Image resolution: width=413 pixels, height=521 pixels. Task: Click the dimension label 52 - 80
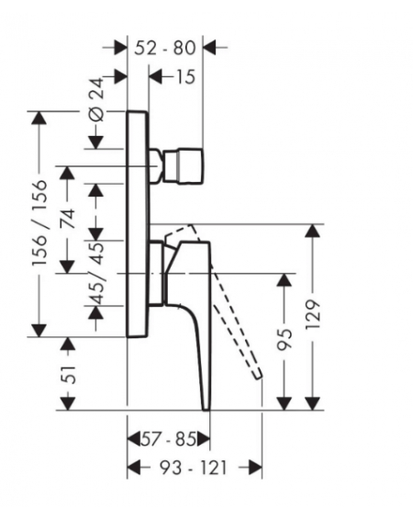coord(165,48)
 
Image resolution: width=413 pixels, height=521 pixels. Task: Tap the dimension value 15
coord(184,77)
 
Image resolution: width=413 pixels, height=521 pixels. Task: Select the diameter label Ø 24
coord(97,99)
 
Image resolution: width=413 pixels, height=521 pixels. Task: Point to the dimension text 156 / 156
coord(39,222)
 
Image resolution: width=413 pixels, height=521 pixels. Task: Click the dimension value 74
coord(68,219)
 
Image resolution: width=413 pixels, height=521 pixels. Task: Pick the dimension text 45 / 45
coord(97,273)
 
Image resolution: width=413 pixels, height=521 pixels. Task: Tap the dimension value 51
coord(69,374)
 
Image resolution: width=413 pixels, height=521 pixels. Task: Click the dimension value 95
coord(285,340)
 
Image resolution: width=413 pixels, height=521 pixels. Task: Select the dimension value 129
coord(313,314)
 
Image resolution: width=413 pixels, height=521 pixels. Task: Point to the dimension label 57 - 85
coord(169,439)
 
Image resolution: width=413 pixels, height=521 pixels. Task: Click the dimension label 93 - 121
coord(194,468)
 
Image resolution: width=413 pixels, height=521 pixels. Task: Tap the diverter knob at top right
coord(183,165)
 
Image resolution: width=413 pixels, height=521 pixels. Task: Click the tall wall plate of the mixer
coord(137,224)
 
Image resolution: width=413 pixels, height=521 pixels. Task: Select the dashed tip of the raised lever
coord(258,375)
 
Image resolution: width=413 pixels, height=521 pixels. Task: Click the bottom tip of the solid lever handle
coord(206,409)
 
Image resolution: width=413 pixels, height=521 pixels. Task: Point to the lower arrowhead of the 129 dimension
coord(313,403)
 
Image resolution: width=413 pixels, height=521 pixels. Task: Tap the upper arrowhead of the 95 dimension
coord(285,279)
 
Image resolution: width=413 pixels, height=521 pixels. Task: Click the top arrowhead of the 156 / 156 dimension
coord(39,118)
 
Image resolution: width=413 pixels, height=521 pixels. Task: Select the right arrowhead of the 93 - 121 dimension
coord(255,468)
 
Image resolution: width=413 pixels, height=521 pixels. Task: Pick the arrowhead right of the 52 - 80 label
coord(209,48)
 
